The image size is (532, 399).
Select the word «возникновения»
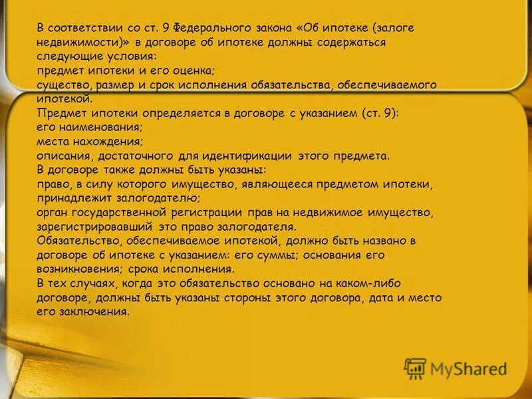(75, 269)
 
